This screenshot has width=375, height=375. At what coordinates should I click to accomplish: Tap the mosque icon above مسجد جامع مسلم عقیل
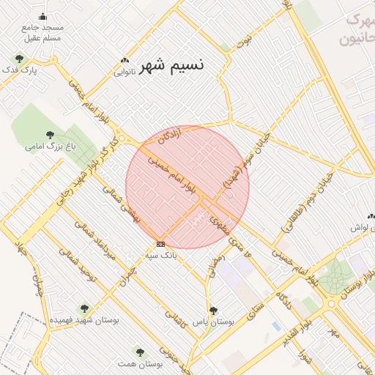coord(42,16)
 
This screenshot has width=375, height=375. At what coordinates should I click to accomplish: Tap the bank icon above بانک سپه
coord(160,244)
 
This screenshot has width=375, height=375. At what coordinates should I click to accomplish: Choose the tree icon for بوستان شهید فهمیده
coord(84,308)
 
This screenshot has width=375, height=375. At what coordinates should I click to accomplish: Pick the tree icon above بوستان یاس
coord(213,311)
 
